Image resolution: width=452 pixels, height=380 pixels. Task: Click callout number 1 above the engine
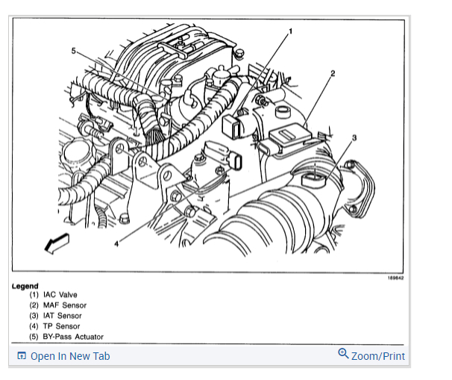(x=290, y=31)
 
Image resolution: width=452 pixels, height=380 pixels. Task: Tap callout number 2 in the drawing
(x=333, y=72)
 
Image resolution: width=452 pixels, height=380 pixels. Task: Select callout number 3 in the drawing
(x=354, y=138)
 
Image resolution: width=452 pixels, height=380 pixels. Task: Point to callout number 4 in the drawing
(x=117, y=243)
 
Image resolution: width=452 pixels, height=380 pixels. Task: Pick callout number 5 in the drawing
(x=73, y=51)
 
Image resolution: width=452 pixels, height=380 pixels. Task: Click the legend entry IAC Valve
(x=53, y=295)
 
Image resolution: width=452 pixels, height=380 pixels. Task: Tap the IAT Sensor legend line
(x=55, y=316)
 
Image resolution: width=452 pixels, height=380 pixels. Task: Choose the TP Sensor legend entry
(x=54, y=326)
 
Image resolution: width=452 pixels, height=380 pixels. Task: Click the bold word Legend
(x=25, y=286)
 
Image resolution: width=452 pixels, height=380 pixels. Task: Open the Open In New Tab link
(x=69, y=356)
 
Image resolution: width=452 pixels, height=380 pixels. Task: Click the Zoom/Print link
(x=378, y=356)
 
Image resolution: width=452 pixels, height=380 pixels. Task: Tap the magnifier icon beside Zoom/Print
(x=343, y=353)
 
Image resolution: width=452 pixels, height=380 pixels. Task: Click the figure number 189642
(x=395, y=278)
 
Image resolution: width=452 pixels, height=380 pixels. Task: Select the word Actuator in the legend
(x=87, y=337)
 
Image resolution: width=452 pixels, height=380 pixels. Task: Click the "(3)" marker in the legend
(x=34, y=316)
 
